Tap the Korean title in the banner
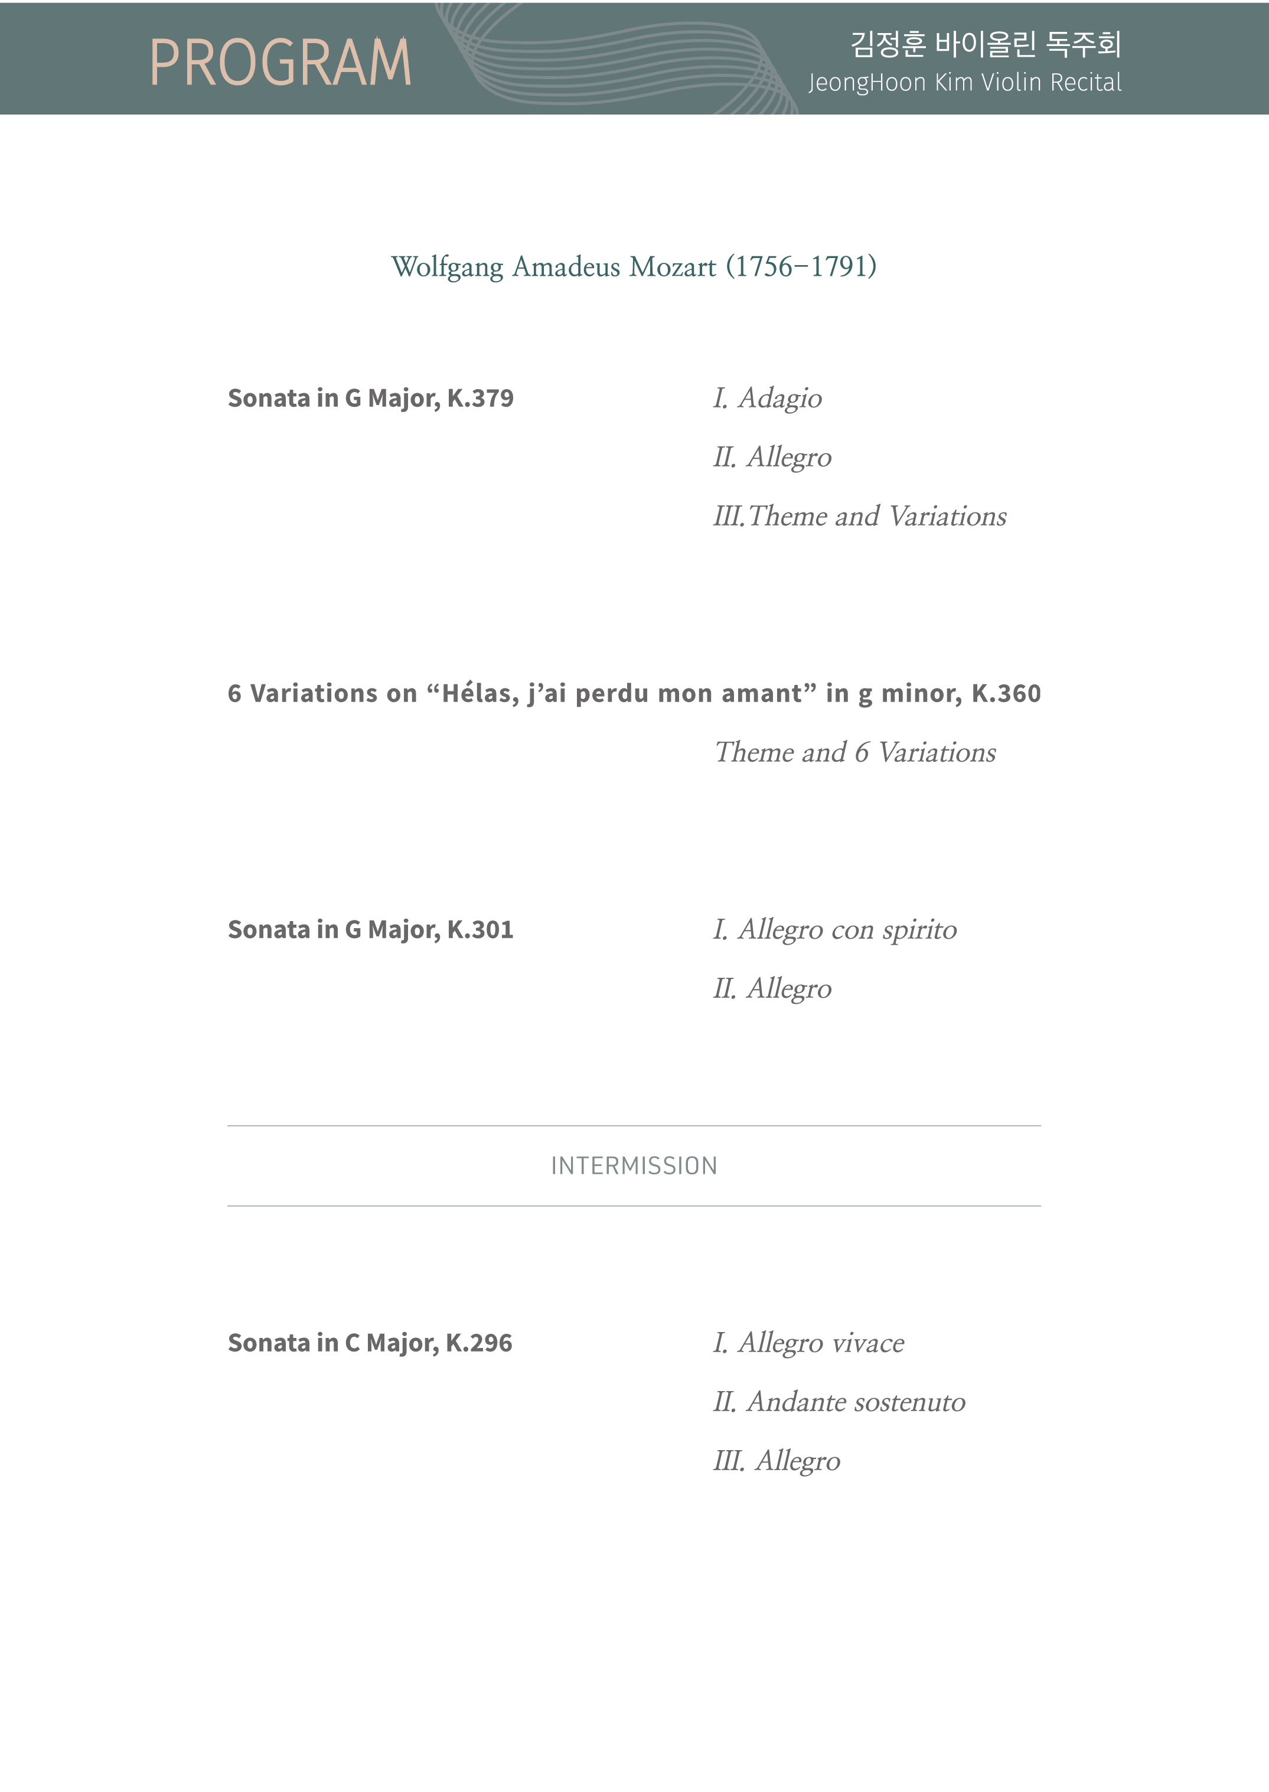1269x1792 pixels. point(986,44)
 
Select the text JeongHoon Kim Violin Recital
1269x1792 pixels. point(964,83)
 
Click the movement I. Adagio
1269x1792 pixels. point(766,399)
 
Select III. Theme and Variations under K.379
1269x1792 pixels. point(860,517)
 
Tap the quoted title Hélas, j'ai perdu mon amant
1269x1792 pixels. point(621,694)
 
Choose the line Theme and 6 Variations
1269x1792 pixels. point(855,752)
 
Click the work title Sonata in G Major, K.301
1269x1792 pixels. point(370,929)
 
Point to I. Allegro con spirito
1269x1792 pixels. point(834,929)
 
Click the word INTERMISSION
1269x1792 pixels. point(634,1166)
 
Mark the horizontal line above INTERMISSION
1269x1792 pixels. point(634,1125)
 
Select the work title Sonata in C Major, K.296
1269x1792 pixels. point(370,1343)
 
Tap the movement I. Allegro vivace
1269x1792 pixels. point(808,1343)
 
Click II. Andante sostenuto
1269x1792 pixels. point(839,1402)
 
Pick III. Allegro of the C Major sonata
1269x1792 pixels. point(776,1461)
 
